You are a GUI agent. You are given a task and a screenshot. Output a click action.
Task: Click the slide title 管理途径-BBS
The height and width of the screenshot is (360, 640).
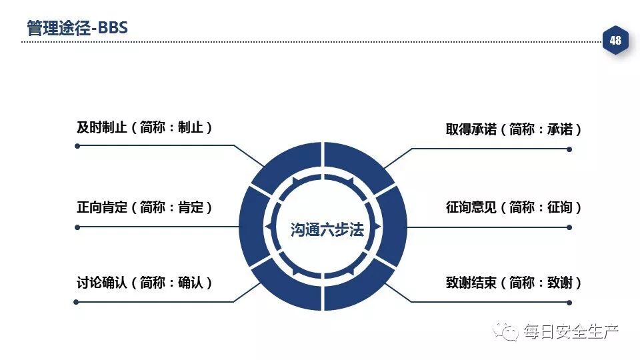pyautogui.click(x=77, y=28)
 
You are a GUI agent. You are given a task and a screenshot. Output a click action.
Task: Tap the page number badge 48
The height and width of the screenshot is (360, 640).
pyautogui.click(x=615, y=41)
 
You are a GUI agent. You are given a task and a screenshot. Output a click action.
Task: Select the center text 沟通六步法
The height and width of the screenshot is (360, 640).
pyautogui.click(x=327, y=230)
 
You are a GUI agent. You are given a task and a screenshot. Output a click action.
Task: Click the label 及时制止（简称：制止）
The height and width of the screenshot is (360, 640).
pyautogui.click(x=145, y=127)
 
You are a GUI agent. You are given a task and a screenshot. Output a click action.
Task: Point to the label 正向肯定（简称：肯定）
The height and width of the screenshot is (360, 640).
pyautogui.click(x=145, y=207)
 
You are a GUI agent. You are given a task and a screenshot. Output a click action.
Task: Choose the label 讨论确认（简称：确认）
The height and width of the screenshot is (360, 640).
pyautogui.click(x=145, y=283)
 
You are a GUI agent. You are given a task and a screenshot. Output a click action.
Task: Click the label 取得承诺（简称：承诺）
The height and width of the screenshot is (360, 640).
pyautogui.click(x=514, y=129)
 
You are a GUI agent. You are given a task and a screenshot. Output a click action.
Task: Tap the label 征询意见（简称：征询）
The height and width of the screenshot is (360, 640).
pyautogui.click(x=514, y=207)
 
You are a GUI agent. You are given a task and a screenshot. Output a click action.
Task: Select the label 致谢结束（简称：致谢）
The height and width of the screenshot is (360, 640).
pyautogui.click(x=514, y=283)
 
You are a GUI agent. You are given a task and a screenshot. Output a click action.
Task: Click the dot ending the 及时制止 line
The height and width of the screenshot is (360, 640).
pyautogui.click(x=77, y=145)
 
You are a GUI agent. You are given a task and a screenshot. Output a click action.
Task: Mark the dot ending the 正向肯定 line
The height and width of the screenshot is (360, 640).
pyautogui.click(x=77, y=227)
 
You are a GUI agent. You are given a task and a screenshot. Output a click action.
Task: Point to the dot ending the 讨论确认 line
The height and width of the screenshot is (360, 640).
pyautogui.click(x=77, y=302)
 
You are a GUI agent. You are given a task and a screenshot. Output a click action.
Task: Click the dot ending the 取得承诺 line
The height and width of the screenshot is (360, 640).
pyautogui.click(x=569, y=149)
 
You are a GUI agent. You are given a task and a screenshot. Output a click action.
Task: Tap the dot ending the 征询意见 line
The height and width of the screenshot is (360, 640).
pyautogui.click(x=569, y=227)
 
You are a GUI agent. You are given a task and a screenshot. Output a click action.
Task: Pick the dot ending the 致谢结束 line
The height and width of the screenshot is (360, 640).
pyautogui.click(x=569, y=302)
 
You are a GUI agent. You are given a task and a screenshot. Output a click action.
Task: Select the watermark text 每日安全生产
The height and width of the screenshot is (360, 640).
pyautogui.click(x=571, y=331)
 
